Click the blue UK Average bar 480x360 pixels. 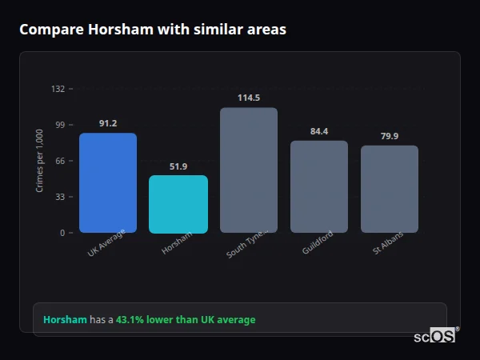click(x=108, y=182)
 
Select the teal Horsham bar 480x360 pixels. click(x=178, y=204)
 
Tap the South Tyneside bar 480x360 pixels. click(x=249, y=170)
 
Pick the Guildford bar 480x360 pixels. click(x=319, y=186)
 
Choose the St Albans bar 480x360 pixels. click(x=390, y=189)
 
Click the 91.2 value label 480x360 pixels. click(x=108, y=123)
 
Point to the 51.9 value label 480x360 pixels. click(x=178, y=166)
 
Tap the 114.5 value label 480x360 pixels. click(x=249, y=98)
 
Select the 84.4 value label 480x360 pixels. click(x=319, y=131)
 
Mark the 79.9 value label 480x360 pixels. click(x=390, y=136)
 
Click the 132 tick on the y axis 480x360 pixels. click(x=58, y=89)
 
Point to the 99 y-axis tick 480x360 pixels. click(x=59, y=125)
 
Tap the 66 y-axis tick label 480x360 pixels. click(x=59, y=161)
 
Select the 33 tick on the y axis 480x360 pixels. click(x=59, y=197)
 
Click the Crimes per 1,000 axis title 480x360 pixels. click(x=40, y=161)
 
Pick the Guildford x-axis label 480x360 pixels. click(x=318, y=242)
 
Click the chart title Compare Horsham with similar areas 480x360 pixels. click(x=153, y=30)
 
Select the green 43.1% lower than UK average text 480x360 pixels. click(x=186, y=320)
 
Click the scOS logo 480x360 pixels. click(x=435, y=337)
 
